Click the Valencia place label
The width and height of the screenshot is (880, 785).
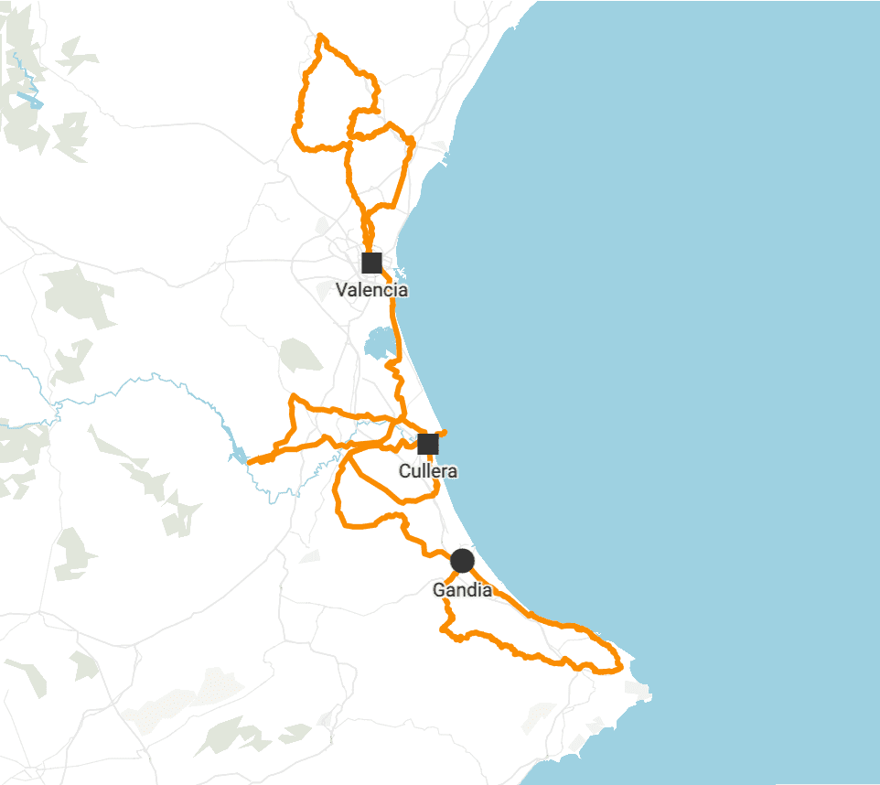[x=371, y=290]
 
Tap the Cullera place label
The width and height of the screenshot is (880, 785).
[x=428, y=471]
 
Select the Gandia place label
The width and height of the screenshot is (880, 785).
[x=462, y=590]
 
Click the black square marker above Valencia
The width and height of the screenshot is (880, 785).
[x=371, y=263]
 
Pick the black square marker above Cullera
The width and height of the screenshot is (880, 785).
[x=428, y=445]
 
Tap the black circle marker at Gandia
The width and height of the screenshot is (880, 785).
[x=462, y=560]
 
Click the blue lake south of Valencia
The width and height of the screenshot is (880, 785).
[x=380, y=345]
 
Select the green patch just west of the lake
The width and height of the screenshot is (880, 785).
[x=300, y=354]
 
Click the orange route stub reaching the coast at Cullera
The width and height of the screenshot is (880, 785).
[x=443, y=432]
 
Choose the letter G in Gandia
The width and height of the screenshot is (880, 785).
[x=439, y=590]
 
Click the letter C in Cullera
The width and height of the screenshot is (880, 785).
[x=405, y=472]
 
